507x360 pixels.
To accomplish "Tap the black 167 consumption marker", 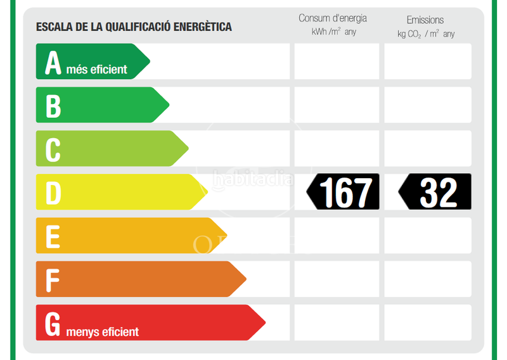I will tap(343, 191).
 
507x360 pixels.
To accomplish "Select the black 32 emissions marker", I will tap(435, 191).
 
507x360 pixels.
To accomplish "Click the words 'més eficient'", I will tap(96, 70).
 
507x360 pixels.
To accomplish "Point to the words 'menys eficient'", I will tap(102, 331).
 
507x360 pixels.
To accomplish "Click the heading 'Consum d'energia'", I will tap(333, 18).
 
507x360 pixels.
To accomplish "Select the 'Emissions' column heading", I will tap(425, 20).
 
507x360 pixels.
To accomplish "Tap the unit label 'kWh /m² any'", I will tap(334, 32).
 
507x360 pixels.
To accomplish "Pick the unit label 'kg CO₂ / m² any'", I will tap(426, 34).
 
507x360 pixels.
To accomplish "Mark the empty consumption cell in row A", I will tap(337, 61).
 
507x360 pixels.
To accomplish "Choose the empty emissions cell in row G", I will tap(428, 323).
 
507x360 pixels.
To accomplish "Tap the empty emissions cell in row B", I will tap(428, 105).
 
